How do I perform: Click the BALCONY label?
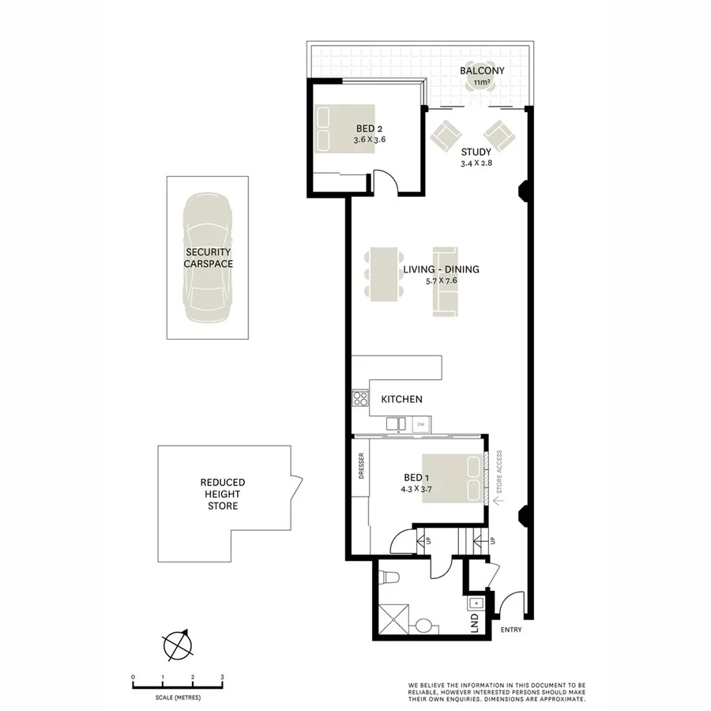tap(482, 70)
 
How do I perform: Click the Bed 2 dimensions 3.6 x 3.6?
tap(369, 140)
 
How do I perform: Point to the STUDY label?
tap(476, 152)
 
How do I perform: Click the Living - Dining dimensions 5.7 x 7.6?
tap(441, 281)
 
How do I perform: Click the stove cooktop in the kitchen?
tap(360, 399)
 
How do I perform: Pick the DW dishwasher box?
tap(420, 424)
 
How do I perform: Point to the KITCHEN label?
tap(401, 400)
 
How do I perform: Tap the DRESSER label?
tap(360, 466)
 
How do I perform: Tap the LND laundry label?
tap(475, 622)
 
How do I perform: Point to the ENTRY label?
tap(511, 630)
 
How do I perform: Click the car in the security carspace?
tap(208, 258)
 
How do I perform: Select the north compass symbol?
tap(178, 645)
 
